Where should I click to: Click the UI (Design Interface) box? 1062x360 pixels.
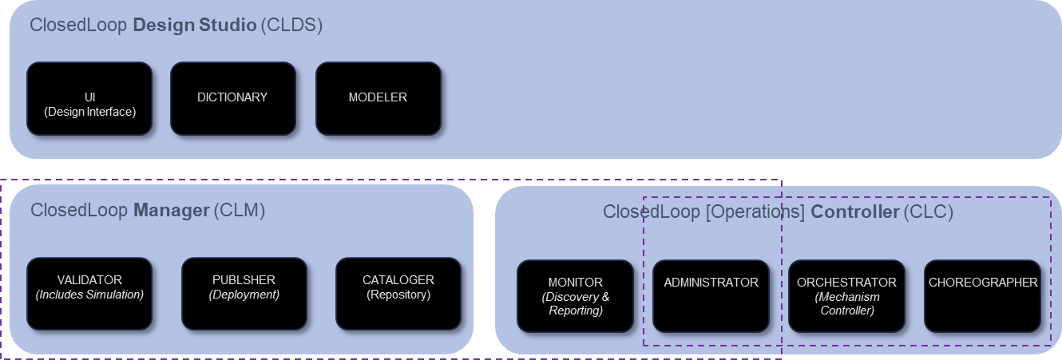pyautogui.click(x=89, y=98)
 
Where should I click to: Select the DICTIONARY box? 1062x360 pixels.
pyautogui.click(x=232, y=98)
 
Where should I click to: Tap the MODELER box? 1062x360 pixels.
pyautogui.click(x=378, y=98)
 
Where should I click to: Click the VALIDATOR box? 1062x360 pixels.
pyautogui.click(x=89, y=294)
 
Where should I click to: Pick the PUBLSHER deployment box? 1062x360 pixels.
pyautogui.click(x=244, y=294)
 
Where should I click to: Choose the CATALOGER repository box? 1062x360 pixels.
pyautogui.click(x=398, y=294)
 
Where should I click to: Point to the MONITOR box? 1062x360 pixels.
pyautogui.click(x=575, y=296)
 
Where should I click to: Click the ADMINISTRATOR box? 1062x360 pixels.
pyautogui.click(x=711, y=296)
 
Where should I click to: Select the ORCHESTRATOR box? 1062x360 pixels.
pyautogui.click(x=846, y=296)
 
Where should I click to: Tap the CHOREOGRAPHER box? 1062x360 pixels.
pyautogui.click(x=983, y=296)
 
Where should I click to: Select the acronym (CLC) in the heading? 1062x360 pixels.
pyautogui.click(x=929, y=212)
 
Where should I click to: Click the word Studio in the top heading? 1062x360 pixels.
pyautogui.click(x=227, y=25)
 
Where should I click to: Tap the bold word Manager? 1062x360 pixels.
pyautogui.click(x=171, y=211)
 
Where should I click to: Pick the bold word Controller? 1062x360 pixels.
pyautogui.click(x=855, y=212)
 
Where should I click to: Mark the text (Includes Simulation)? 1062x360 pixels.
pyautogui.click(x=89, y=295)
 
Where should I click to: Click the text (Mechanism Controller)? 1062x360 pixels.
pyautogui.click(x=847, y=303)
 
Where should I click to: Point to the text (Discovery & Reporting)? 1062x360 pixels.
pyautogui.click(x=575, y=304)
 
